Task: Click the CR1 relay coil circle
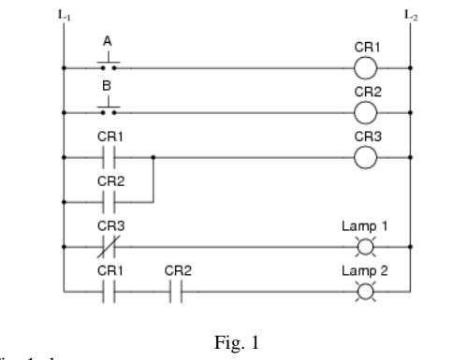tap(367, 68)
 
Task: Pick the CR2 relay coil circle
tap(367, 112)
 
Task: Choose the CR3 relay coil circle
tap(367, 157)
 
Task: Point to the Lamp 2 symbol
tap(367, 291)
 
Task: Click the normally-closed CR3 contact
tap(109, 247)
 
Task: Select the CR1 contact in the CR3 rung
tap(109, 157)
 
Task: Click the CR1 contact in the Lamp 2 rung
tap(109, 291)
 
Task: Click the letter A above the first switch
tap(109, 41)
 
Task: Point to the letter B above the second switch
tap(109, 88)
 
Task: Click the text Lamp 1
tap(367, 226)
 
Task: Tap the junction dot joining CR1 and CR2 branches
tap(153, 157)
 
